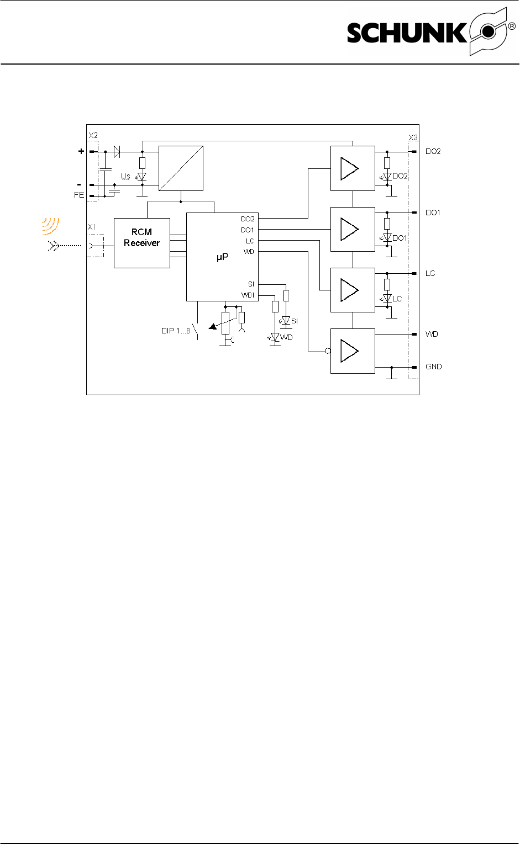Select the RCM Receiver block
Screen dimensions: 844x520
(141, 243)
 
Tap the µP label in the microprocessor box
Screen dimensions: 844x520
(222, 257)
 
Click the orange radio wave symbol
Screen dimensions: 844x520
(51, 225)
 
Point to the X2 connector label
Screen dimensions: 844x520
(93, 136)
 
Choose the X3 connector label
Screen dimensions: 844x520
(413, 138)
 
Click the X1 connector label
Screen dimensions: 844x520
(92, 227)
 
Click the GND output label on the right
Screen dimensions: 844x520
(434, 367)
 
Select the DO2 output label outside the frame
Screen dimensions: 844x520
(433, 151)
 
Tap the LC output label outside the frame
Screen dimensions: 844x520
(430, 273)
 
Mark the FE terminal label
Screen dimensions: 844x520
(79, 195)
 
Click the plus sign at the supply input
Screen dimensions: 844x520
(81, 151)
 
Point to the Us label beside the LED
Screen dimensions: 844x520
(126, 176)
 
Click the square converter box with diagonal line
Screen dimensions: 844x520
(181, 168)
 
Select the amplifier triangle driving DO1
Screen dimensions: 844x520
(349, 229)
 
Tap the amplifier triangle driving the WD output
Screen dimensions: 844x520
(349, 351)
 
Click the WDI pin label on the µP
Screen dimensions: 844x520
(248, 295)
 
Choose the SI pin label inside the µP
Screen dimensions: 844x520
(251, 284)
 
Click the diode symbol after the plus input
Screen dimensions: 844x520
(117, 151)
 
